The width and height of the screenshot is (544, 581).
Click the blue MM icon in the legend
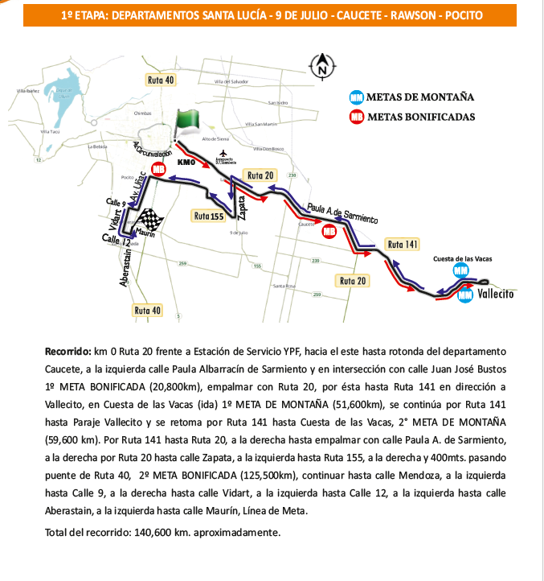(357, 97)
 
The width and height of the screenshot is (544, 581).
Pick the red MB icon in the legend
(357, 117)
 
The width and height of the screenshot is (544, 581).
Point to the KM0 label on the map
(186, 164)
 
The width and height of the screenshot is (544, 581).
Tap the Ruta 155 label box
(208, 216)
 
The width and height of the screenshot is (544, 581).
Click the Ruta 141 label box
(403, 244)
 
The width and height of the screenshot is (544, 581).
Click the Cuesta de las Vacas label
(462, 259)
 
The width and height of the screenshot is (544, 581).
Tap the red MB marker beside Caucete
(329, 232)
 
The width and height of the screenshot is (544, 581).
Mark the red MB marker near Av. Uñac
(158, 169)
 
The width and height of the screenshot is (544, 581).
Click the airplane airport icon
(223, 154)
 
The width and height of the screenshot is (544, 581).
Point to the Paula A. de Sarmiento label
(342, 212)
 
